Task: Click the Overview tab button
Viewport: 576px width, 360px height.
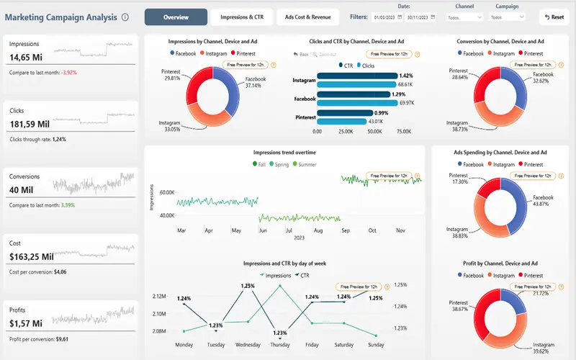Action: (x=176, y=17)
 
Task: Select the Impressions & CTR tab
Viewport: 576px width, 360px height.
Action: (x=241, y=17)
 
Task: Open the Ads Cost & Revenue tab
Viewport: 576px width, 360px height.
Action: (x=308, y=17)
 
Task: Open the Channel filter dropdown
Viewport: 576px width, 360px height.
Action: (x=464, y=17)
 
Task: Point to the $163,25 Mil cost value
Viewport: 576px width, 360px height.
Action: (x=32, y=256)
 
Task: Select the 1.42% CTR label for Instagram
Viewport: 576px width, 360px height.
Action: (x=405, y=76)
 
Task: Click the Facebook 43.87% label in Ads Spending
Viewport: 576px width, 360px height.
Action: (x=543, y=201)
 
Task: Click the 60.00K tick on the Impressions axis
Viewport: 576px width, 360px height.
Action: (x=167, y=193)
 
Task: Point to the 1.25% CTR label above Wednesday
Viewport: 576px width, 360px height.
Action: (x=248, y=286)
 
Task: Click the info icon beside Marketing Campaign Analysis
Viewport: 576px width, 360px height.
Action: (x=125, y=17)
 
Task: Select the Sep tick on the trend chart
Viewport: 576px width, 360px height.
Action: (x=345, y=230)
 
